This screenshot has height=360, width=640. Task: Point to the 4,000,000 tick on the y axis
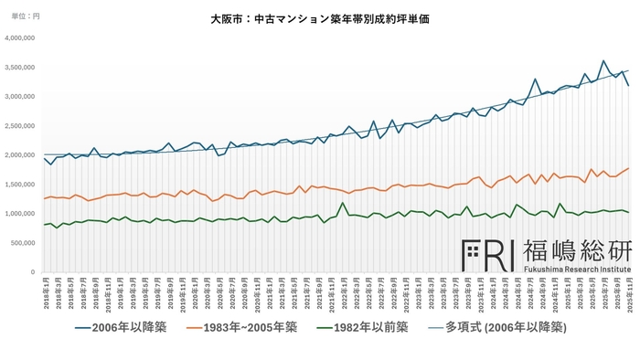pyautogui.click(x=20, y=38)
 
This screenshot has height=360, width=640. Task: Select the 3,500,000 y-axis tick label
pyautogui.click(x=20, y=68)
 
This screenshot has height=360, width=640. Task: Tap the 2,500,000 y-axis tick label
pyautogui.click(x=20, y=126)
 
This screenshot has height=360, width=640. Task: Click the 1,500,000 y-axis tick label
pyautogui.click(x=20, y=185)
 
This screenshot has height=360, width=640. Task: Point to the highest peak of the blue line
pyautogui.click(x=603, y=61)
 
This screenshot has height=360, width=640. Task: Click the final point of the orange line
pyautogui.click(x=627, y=168)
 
